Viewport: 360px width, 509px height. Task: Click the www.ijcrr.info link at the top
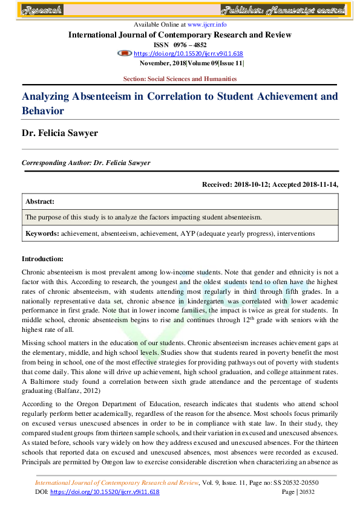(x=207, y=25)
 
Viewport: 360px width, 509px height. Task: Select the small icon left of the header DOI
(x=125, y=53)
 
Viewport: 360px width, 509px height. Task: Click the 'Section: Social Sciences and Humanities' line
(x=180, y=79)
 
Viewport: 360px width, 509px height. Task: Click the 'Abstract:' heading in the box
(x=40, y=201)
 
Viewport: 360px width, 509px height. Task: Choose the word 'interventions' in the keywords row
(x=296, y=233)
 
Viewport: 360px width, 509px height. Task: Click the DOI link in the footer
(x=103, y=492)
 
